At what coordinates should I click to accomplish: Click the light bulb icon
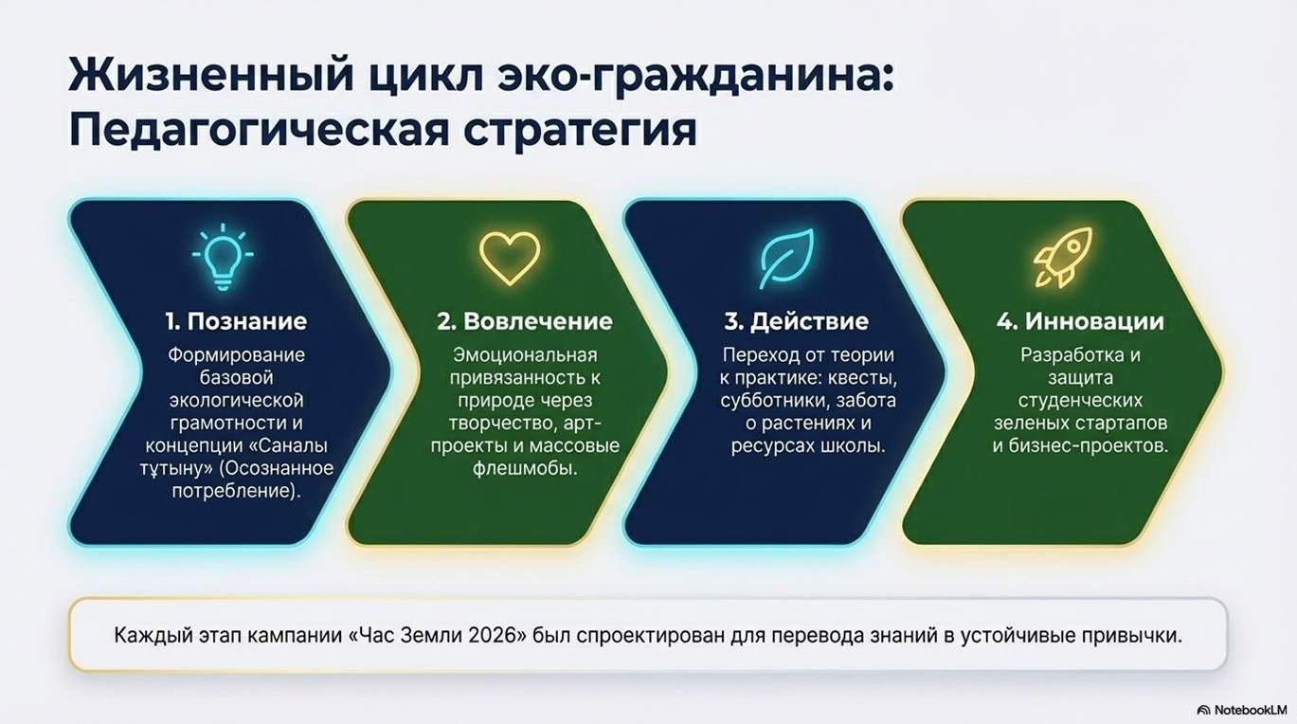click(223, 257)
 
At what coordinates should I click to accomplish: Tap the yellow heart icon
click(510, 259)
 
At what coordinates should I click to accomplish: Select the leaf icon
click(787, 259)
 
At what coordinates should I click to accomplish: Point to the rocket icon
click(1062, 257)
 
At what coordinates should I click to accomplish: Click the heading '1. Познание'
click(236, 321)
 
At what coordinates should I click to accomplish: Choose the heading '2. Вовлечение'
click(525, 321)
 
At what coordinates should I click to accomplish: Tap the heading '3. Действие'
click(796, 321)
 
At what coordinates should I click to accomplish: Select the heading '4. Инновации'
click(1080, 321)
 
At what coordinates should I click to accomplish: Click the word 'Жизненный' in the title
click(210, 74)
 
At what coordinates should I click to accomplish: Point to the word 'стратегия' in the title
click(580, 131)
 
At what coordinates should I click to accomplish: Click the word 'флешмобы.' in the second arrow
click(525, 468)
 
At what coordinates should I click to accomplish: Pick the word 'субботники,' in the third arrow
click(770, 401)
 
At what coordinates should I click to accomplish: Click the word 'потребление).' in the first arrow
click(236, 492)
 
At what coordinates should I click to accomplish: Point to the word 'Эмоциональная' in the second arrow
click(525, 355)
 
